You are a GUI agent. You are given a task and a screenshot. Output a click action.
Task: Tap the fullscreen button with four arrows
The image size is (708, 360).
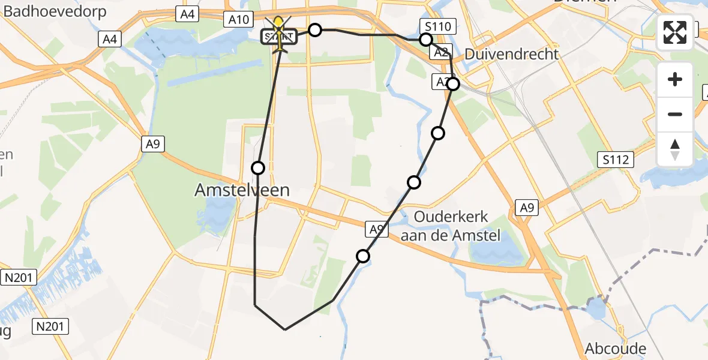[675, 32]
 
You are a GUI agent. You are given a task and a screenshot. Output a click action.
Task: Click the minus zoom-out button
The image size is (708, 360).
[675, 114]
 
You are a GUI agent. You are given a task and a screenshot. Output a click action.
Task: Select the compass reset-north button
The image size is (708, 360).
[675, 149]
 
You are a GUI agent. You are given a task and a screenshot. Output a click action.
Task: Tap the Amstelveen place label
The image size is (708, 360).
[242, 190]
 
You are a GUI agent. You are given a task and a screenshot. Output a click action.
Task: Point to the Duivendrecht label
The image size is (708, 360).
[512, 54]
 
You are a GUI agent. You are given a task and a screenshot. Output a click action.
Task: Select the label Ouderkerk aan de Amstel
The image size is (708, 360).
[451, 226]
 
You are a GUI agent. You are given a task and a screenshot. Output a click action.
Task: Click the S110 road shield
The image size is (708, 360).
[439, 26]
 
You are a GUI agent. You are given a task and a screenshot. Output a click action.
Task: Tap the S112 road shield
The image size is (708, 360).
[616, 160]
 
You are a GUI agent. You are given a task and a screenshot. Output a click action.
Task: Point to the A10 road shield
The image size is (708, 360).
[239, 20]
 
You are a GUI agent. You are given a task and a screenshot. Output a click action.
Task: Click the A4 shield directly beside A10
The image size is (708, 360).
[188, 14]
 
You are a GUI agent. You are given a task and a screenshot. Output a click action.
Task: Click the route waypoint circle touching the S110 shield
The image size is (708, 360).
[425, 40]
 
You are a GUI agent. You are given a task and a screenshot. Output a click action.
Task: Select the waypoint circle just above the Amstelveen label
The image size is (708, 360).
[258, 168]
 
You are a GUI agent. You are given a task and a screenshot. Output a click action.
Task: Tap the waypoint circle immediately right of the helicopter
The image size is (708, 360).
[315, 30]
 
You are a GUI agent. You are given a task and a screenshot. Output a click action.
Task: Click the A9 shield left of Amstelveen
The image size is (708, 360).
[154, 144]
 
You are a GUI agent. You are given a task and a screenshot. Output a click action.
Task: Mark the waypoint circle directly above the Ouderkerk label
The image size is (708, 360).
[414, 182]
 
